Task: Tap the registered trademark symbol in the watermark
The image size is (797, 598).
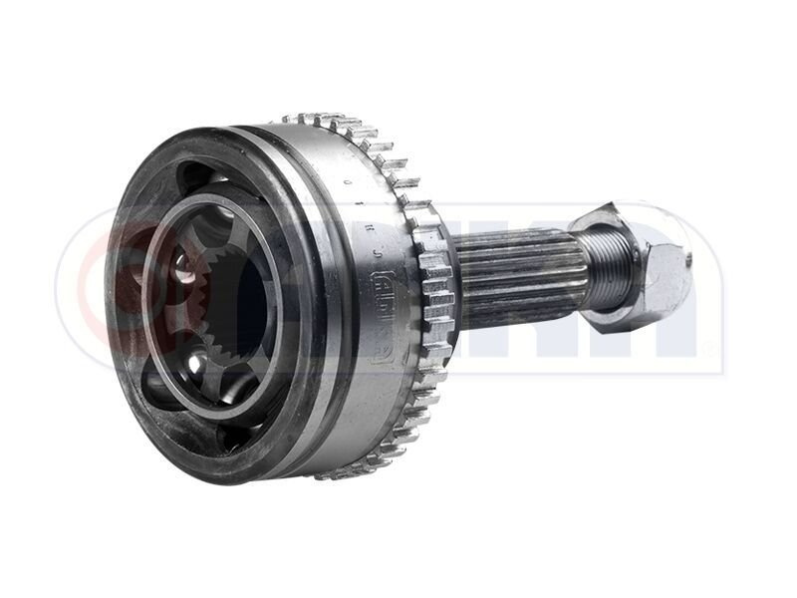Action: click(709, 348)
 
